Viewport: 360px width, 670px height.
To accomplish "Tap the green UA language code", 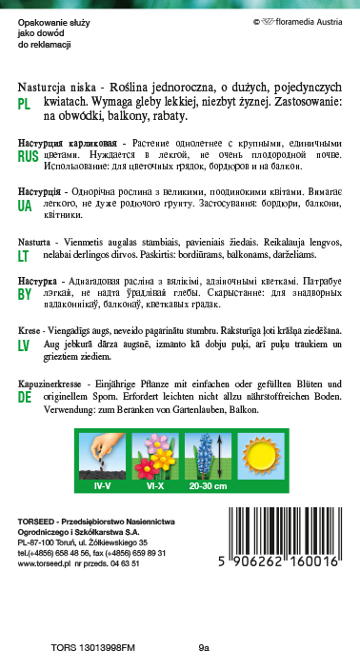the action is tap(26, 205).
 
